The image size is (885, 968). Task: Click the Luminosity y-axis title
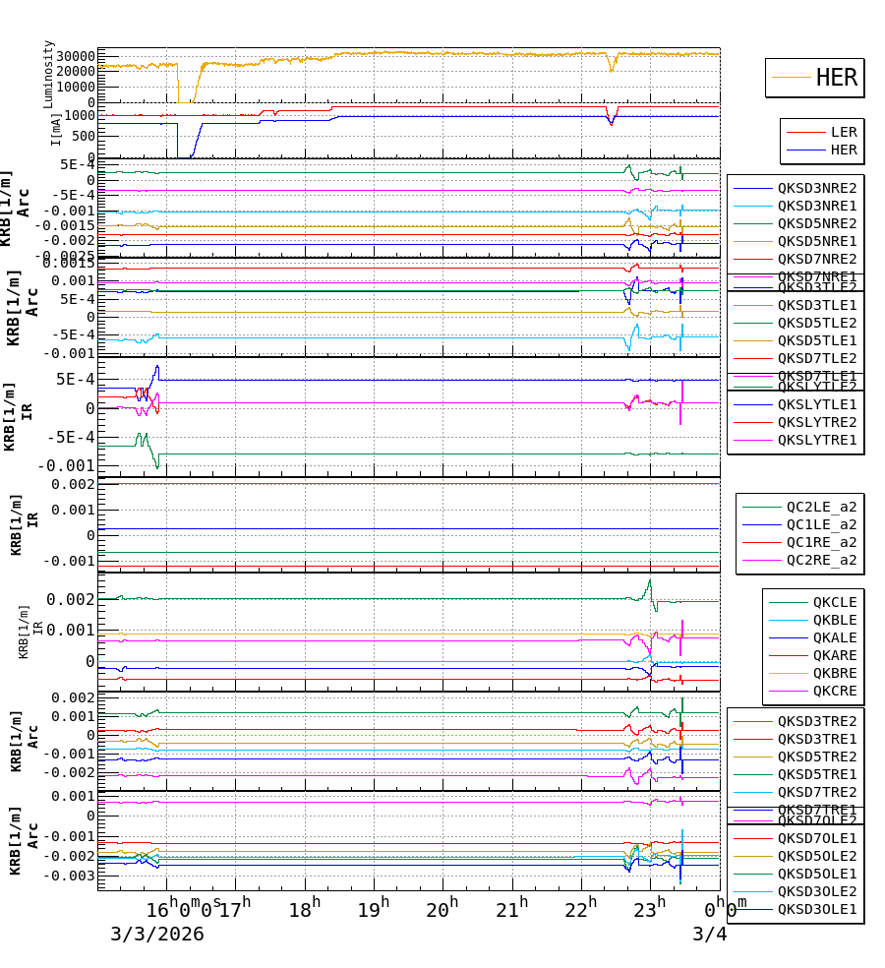pyautogui.click(x=49, y=74)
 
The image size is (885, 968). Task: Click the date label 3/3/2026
pyautogui.click(x=157, y=934)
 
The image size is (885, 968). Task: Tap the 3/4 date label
pyautogui.click(x=709, y=934)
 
